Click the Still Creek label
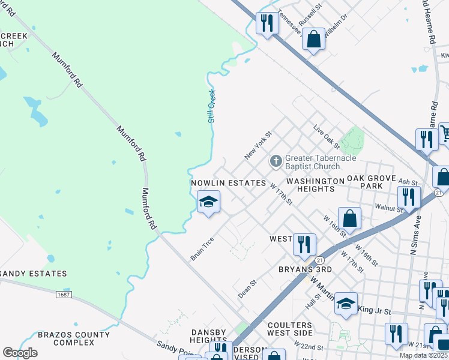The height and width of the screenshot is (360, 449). click(211, 106)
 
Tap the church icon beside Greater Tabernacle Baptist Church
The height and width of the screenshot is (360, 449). click(276, 161)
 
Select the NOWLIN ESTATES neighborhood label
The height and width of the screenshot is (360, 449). click(228, 182)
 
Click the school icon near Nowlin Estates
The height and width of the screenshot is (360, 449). click(208, 202)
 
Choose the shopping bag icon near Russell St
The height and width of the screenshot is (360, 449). click(313, 40)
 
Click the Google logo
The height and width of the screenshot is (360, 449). click(20, 352)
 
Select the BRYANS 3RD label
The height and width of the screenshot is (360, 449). click(305, 269)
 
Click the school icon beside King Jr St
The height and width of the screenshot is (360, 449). click(346, 304)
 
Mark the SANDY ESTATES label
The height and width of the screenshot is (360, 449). click(34, 274)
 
